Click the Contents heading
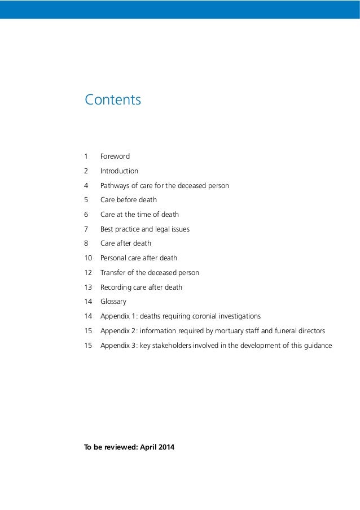(x=113, y=100)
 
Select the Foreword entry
(x=115, y=156)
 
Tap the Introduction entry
(x=119, y=171)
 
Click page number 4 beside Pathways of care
(x=86, y=186)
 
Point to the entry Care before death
(x=129, y=200)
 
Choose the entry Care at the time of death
(x=139, y=215)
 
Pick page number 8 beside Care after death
(x=86, y=244)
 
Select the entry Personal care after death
(x=139, y=258)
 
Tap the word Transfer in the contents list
(x=112, y=273)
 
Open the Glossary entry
(x=113, y=302)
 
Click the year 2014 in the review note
(x=166, y=448)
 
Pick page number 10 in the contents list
(x=88, y=258)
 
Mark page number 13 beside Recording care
(x=88, y=287)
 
